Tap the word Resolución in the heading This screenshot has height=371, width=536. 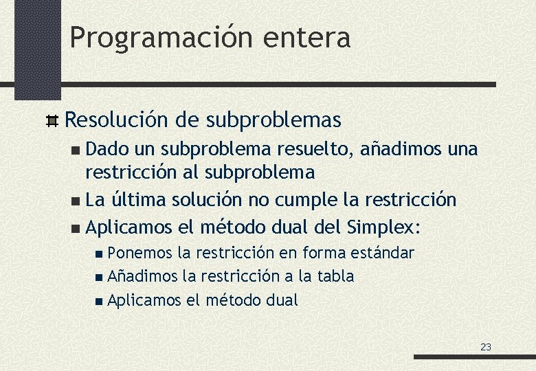[116, 120]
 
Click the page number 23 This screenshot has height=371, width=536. [486, 347]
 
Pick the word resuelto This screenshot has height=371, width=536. [317, 149]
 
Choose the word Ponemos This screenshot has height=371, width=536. [140, 253]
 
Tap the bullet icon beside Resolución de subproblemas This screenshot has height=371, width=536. [51, 121]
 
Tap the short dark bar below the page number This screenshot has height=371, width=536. [474, 357]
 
